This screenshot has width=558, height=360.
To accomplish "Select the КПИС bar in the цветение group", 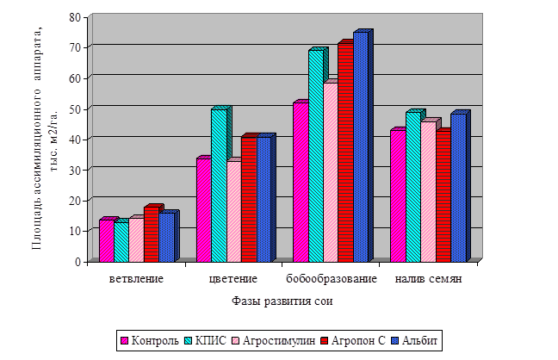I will click(219, 184).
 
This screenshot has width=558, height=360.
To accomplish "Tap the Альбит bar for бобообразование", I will click(360, 146).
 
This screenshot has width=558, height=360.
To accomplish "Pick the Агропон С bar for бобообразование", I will click(345, 152).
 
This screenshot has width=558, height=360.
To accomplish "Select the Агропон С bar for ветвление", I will click(151, 233).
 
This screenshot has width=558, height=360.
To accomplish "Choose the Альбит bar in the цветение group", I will click(263, 198).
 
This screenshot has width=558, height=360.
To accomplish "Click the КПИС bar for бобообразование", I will click(315, 155).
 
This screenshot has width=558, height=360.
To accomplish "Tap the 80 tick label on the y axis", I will click(75, 16).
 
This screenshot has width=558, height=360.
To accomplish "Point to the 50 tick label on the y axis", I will click(75, 108).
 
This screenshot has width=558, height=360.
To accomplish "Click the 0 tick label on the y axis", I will click(78, 260).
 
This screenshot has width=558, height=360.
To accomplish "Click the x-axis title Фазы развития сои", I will click(282, 301).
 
